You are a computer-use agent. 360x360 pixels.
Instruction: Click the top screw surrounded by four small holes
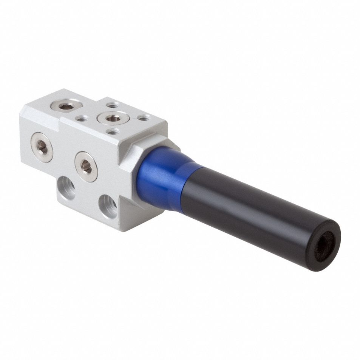coord(113,118)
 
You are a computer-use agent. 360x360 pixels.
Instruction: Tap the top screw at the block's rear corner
coord(66,107)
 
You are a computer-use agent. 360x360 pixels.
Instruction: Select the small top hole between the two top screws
coord(81,118)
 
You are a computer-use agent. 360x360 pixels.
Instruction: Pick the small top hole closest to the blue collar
coord(143,118)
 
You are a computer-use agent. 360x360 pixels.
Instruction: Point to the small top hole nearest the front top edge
coord(113,131)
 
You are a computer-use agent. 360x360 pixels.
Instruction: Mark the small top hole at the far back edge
coord(112,105)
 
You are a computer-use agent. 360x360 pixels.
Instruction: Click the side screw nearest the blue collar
coord(86,167)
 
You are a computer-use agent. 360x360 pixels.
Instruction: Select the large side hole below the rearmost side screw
coord(67,188)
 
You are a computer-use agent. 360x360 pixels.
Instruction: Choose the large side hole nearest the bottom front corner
coord(108,206)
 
